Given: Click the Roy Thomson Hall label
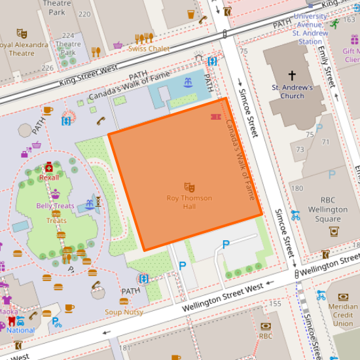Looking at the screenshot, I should [189, 202].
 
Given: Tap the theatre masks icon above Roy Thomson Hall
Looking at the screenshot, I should [189, 187].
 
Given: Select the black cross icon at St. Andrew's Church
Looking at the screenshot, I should [292, 75].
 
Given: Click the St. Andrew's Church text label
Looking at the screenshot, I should [292, 92].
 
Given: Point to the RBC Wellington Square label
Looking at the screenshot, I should [328, 210].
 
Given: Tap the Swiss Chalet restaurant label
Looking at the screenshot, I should [149, 49].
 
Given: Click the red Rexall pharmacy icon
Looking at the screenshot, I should [49, 168].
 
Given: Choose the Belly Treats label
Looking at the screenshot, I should [55, 206].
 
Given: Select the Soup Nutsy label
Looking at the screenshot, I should [124, 312].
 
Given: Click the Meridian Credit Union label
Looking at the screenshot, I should [342, 315].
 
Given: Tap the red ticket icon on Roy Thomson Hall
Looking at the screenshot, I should [215, 117].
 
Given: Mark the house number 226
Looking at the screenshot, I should [47, 68].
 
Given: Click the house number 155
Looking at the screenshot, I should [276, 304].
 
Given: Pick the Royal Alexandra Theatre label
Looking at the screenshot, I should [24, 49].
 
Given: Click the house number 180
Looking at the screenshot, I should [297, 189].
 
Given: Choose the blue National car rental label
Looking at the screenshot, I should [20, 331].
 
